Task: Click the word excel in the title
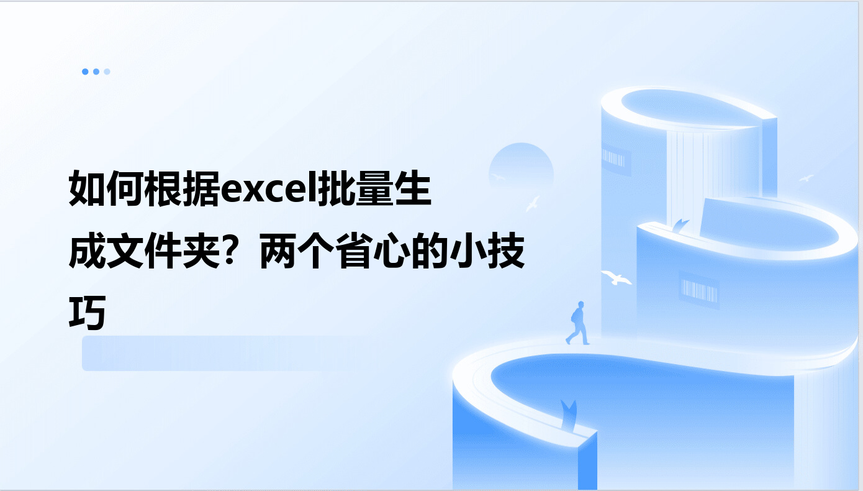click(268, 190)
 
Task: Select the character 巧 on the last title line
click(87, 313)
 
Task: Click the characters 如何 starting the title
click(106, 188)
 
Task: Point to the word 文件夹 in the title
click(163, 250)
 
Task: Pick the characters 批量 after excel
click(355, 188)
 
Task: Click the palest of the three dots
click(107, 71)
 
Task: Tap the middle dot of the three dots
click(96, 71)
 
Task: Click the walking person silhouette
click(577, 323)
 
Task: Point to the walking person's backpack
click(574, 316)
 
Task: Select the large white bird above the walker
click(617, 277)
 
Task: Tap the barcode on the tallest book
click(613, 158)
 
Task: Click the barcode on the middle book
click(699, 290)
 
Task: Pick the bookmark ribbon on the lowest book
click(569, 415)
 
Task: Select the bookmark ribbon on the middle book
click(680, 225)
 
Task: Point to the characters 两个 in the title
click(297, 250)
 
